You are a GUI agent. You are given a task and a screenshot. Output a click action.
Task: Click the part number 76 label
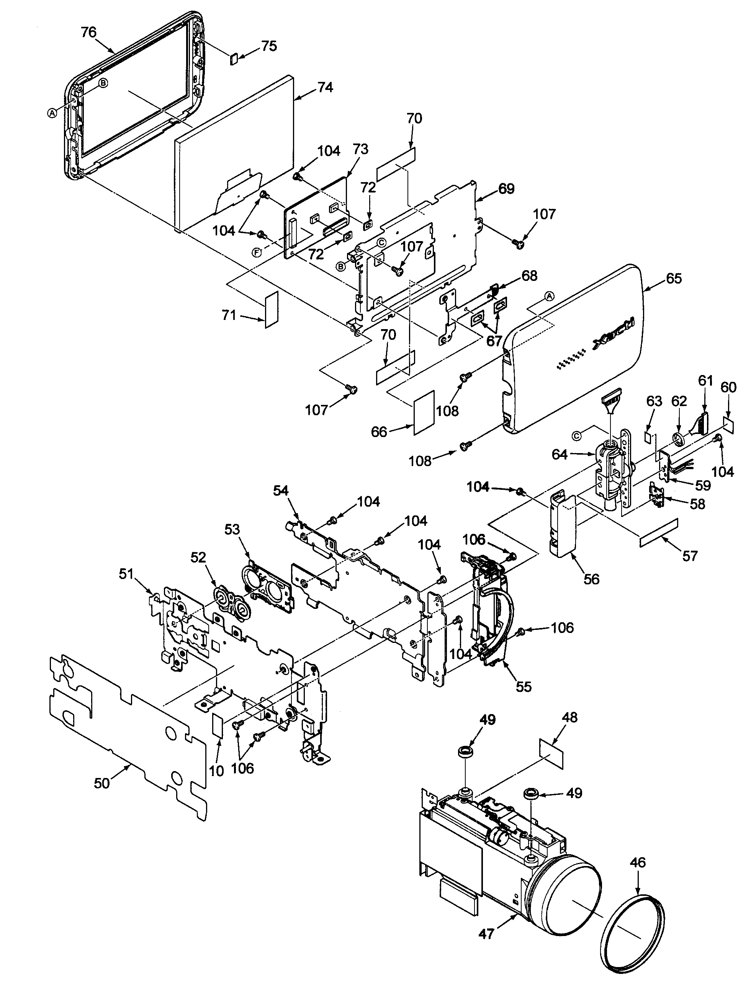click(x=89, y=32)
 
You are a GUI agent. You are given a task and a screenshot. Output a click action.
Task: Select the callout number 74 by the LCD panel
click(x=325, y=87)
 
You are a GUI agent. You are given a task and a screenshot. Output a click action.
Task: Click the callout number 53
click(x=232, y=530)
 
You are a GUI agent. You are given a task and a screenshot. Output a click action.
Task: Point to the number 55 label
click(x=523, y=687)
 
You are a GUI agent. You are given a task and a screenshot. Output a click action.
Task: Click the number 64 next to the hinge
click(x=560, y=455)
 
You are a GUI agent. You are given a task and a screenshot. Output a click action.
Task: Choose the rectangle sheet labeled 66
click(x=423, y=412)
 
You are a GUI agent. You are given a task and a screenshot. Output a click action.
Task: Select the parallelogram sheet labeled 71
click(x=272, y=309)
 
